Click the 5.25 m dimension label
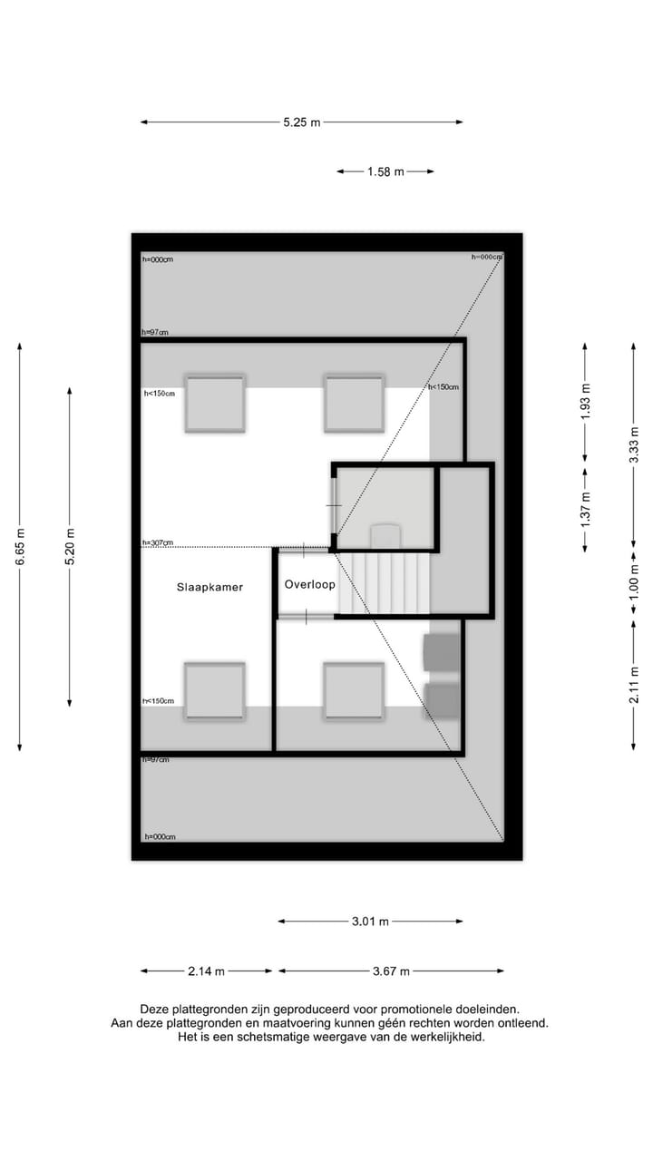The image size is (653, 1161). tap(301, 122)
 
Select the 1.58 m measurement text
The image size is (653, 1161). tap(385, 171)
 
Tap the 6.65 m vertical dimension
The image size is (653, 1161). tap(20, 547)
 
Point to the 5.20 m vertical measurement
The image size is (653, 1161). tap(70, 547)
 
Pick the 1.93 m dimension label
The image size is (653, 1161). tap(586, 400)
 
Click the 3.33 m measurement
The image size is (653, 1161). tap(634, 446)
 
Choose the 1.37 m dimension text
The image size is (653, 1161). tap(586, 509)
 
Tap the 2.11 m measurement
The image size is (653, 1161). tap(634, 685)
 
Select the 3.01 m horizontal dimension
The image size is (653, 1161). tap(370, 922)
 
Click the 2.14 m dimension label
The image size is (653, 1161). tap(206, 971)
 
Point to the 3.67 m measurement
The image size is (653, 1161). tap(391, 971)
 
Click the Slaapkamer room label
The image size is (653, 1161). tap(210, 587)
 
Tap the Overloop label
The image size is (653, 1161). tap(309, 584)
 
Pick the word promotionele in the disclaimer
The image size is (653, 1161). tap(420, 1009)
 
